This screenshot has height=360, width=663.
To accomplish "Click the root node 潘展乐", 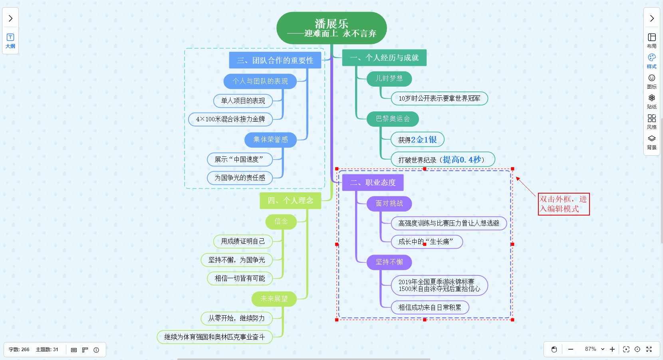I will coord(331,28).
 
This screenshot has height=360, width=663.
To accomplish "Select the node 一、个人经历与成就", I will coord(384,58).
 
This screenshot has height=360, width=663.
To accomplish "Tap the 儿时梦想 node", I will coord(389,79).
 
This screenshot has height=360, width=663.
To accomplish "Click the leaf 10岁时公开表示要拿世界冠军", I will coord(439,98).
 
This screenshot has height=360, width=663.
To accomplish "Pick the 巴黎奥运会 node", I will coord(393,119).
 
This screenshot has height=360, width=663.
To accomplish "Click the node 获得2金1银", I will coord(417,140).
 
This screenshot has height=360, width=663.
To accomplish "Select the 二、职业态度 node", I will coord(373,183).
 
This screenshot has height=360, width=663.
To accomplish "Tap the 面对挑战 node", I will coord(389,204).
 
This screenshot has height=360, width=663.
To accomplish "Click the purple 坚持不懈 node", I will coord(389,262).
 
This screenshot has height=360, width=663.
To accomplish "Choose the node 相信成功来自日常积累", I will coord(430,307).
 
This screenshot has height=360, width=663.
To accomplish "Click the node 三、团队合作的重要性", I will coord(275,60).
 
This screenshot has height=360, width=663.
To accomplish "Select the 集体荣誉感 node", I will coord(270,140).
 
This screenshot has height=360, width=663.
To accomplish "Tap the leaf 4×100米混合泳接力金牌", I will coord(230,119).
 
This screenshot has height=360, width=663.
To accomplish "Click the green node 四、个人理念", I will coord(290,201).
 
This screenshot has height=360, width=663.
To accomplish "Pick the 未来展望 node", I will coord(274,299).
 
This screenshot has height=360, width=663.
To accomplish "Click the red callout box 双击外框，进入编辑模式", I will coord(564,204).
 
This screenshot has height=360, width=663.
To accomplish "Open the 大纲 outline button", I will coord(10,41).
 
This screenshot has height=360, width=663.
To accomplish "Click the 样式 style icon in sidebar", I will coord(652,61).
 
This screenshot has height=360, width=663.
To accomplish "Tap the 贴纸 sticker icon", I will coord(652,101).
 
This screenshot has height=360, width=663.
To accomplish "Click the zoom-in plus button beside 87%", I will coord(612,349).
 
